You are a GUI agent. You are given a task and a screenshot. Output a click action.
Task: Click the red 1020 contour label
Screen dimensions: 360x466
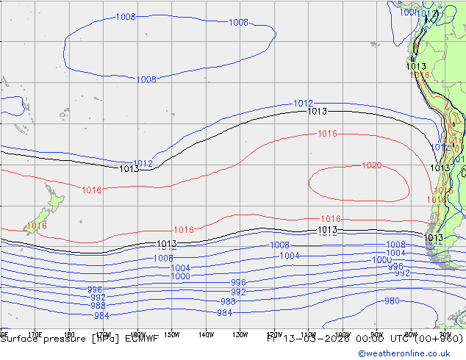(371, 165)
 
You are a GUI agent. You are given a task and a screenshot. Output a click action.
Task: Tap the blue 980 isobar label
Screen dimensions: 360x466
(392, 300)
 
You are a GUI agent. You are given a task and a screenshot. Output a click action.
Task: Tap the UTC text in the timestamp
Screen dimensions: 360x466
(394, 339)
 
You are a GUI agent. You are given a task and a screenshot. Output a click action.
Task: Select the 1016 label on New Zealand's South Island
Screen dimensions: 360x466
(37, 226)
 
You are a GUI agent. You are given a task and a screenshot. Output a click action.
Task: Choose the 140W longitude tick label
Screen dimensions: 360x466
(206, 334)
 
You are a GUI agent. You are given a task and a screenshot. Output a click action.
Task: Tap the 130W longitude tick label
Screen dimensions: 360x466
(240, 334)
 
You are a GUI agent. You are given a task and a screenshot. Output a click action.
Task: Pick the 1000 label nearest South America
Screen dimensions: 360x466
(381, 260)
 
